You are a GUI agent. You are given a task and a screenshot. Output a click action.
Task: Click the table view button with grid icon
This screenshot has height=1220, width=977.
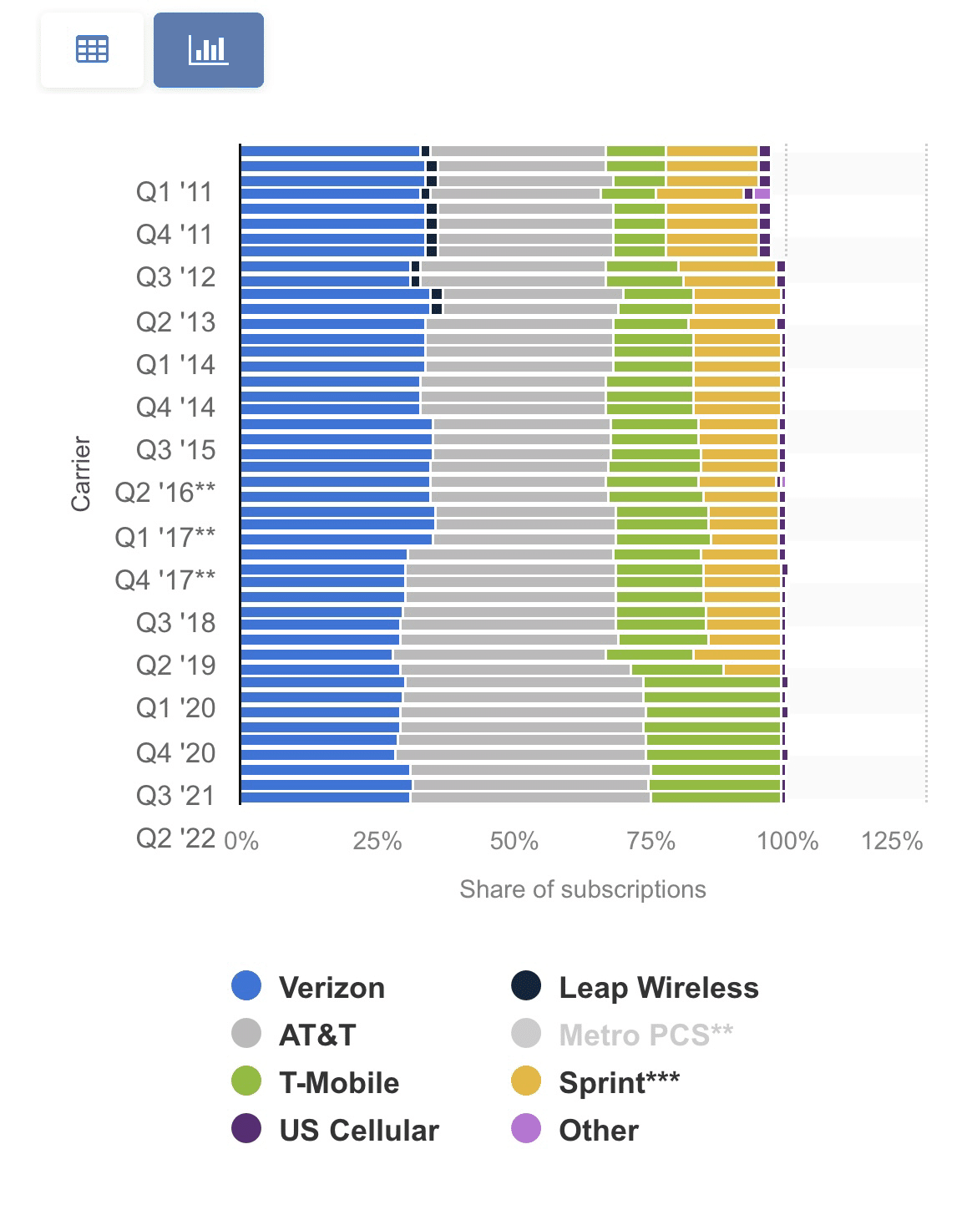(92, 50)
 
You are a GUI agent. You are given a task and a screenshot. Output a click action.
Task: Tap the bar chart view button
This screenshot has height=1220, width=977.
(209, 50)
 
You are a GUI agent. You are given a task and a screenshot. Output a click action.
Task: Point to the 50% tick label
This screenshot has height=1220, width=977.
(514, 841)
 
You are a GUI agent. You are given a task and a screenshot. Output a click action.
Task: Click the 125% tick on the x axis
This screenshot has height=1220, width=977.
(891, 841)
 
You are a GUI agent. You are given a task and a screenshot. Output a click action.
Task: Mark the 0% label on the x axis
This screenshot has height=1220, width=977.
(241, 841)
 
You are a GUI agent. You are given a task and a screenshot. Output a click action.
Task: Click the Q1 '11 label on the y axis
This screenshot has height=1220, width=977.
(175, 192)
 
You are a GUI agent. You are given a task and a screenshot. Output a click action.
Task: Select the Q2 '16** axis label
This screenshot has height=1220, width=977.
(165, 493)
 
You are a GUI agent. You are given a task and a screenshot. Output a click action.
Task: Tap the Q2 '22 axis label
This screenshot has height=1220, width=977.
(175, 838)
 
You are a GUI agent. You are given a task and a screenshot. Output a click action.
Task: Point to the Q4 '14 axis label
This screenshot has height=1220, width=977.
(175, 408)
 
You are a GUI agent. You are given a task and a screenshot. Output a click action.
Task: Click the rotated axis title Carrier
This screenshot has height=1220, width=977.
(80, 473)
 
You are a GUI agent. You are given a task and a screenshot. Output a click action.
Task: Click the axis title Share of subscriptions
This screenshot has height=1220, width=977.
(582, 889)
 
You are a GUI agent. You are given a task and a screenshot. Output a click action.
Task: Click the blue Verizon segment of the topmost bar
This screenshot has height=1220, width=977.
(330, 151)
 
